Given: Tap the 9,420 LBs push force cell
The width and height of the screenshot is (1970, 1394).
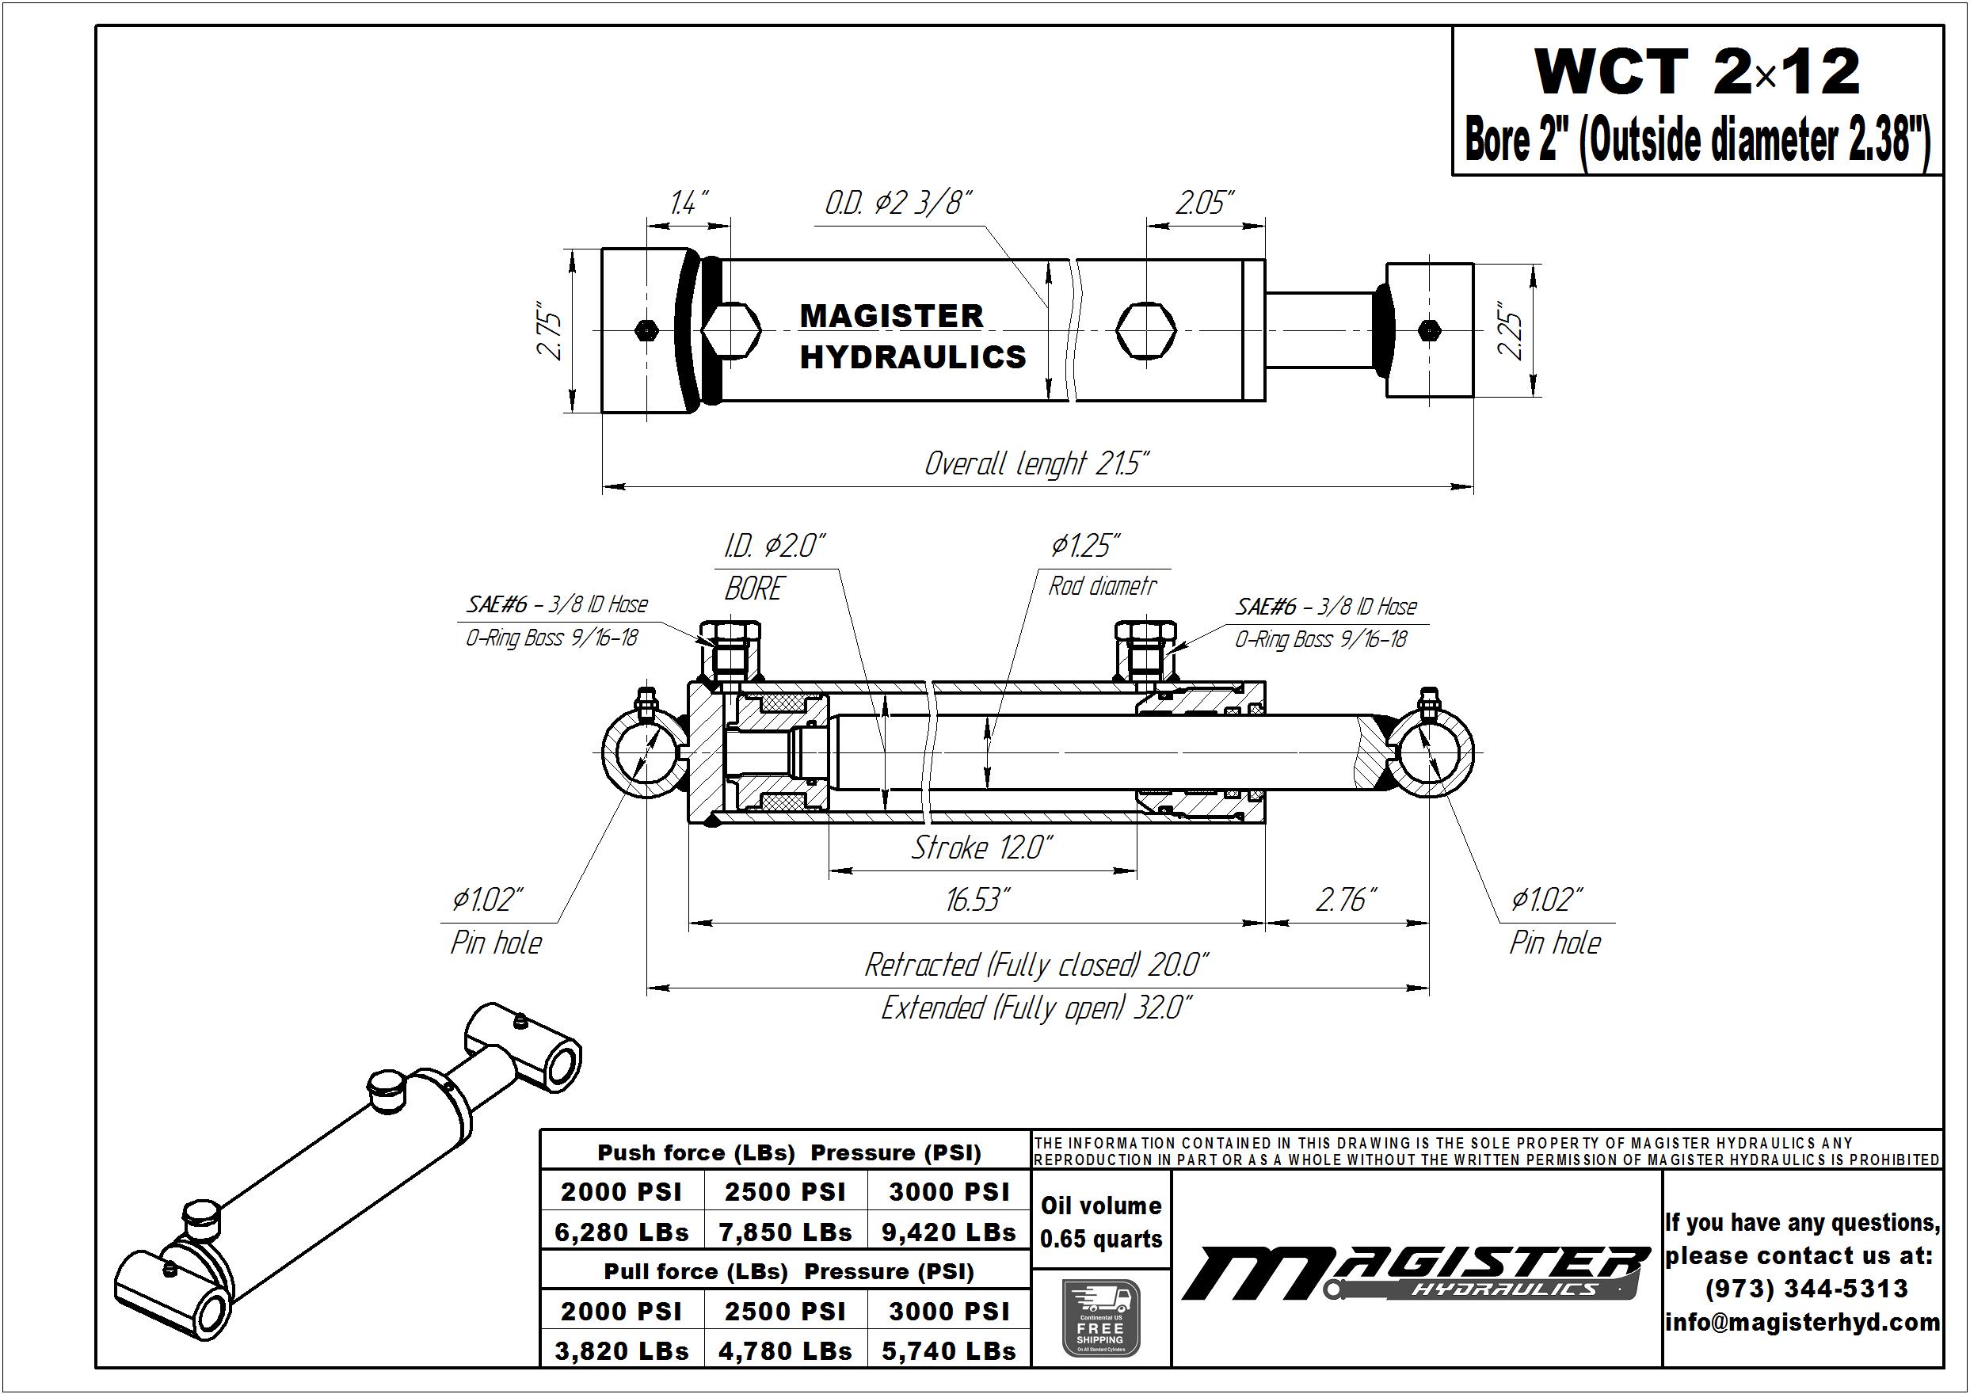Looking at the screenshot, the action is [x=948, y=1232].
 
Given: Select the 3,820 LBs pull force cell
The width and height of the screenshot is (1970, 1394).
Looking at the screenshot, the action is [x=622, y=1351].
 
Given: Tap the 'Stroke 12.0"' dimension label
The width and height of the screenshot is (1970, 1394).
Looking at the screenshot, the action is [x=981, y=848].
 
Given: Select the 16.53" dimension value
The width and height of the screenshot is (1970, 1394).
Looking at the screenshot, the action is [x=978, y=900].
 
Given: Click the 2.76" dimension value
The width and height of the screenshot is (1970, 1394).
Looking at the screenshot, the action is [x=1346, y=900].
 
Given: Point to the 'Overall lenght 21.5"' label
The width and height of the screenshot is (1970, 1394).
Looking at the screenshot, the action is [x=1036, y=463].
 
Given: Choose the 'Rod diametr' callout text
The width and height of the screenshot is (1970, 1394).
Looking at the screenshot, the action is [x=1102, y=586].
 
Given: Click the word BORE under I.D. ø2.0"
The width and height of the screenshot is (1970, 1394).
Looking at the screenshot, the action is [x=753, y=588].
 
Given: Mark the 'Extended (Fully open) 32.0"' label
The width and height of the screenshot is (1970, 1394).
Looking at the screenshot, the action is [x=1037, y=1007].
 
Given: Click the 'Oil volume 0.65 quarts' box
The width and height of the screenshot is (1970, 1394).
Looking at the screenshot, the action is [x=1100, y=1222].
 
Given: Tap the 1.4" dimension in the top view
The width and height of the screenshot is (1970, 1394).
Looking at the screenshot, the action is [x=688, y=204].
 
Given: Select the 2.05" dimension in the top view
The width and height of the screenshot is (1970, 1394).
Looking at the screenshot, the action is [x=1204, y=204].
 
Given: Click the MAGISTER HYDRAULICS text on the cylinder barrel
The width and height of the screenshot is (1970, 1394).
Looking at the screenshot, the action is [x=913, y=337].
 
